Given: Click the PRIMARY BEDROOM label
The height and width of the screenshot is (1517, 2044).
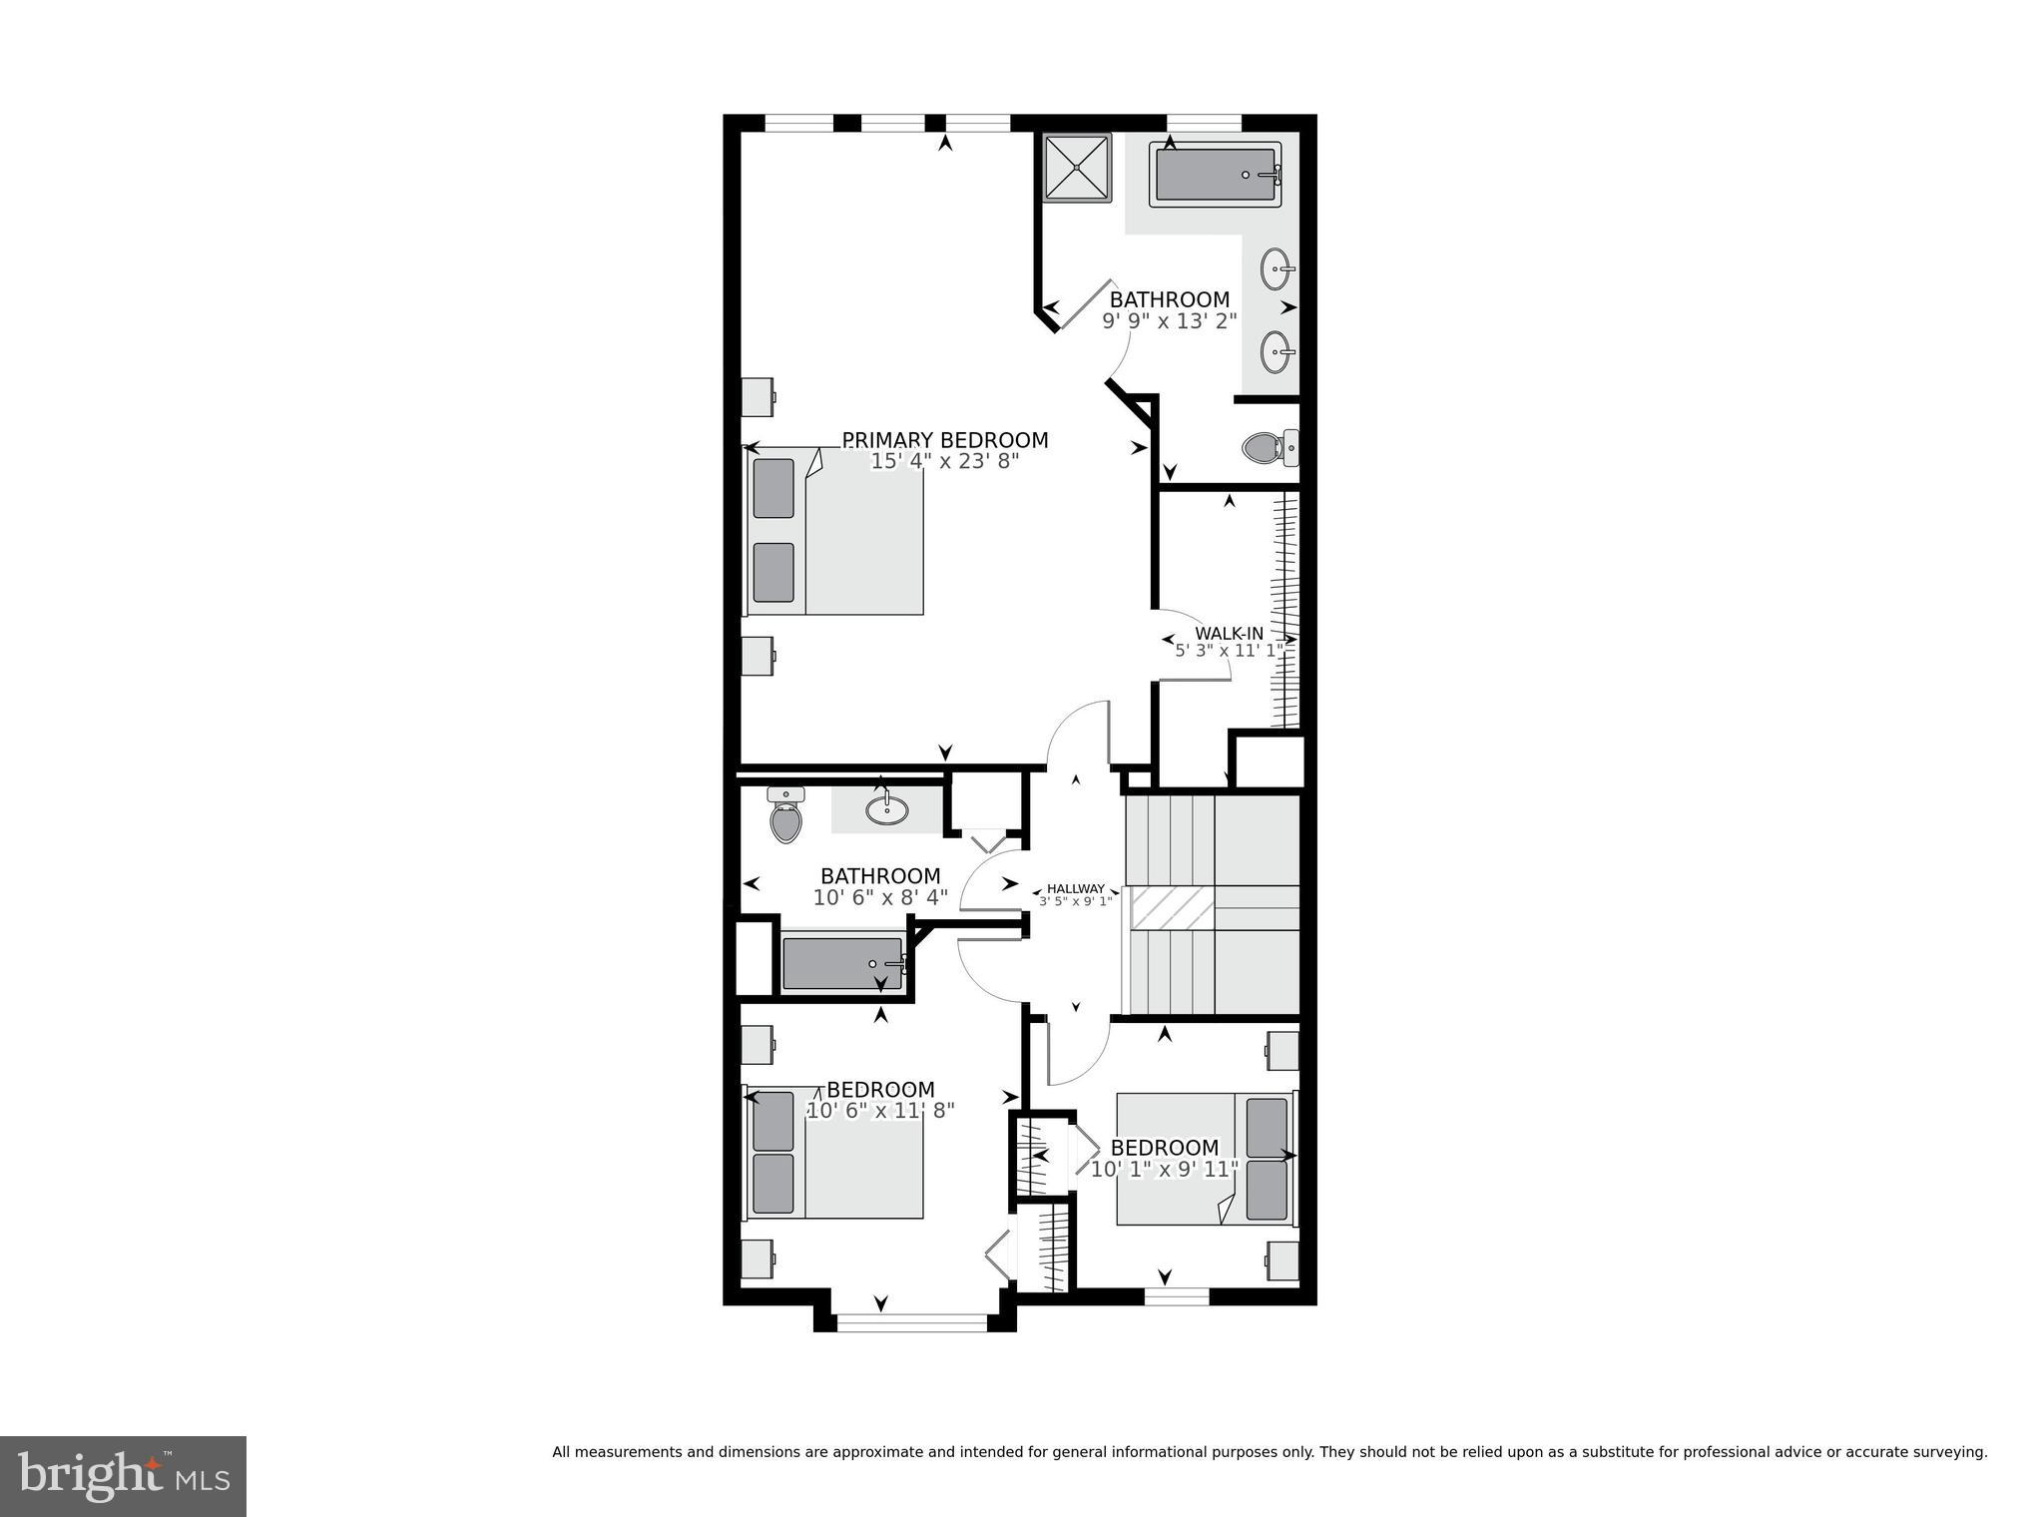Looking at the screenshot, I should [x=944, y=440].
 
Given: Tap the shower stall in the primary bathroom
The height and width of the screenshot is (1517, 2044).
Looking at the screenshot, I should [x=1077, y=168].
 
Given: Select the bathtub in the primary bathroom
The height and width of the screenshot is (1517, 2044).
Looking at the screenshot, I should [x=1215, y=176].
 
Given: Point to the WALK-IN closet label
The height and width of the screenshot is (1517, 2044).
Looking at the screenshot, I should [x=1229, y=634].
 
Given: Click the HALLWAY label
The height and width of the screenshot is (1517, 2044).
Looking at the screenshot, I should [x=1075, y=888].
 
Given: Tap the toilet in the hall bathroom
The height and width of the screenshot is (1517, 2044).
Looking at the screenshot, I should [x=786, y=814].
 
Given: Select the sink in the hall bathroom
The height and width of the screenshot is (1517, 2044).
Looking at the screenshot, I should [x=886, y=809].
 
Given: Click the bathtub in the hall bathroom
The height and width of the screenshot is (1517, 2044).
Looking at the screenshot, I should [x=842, y=963].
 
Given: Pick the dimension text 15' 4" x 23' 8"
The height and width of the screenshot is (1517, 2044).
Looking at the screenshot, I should [x=944, y=462].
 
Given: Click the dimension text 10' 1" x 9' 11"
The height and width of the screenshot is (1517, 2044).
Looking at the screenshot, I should [x=1164, y=1169].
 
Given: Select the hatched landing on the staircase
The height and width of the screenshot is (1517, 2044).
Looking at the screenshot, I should [x=1172, y=908].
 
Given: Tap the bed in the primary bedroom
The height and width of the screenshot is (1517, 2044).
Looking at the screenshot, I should [x=836, y=531].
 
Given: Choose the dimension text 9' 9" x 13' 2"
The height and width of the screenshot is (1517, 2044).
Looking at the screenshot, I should [x=1169, y=321].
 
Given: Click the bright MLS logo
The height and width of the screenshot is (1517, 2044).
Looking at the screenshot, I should [x=123, y=1476].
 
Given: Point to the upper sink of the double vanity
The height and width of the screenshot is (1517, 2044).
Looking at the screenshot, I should [x=1277, y=268].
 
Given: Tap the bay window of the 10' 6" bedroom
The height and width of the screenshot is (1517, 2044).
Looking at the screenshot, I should [x=910, y=1322].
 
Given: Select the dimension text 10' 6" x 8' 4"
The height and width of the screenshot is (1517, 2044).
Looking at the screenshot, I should [x=880, y=898].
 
